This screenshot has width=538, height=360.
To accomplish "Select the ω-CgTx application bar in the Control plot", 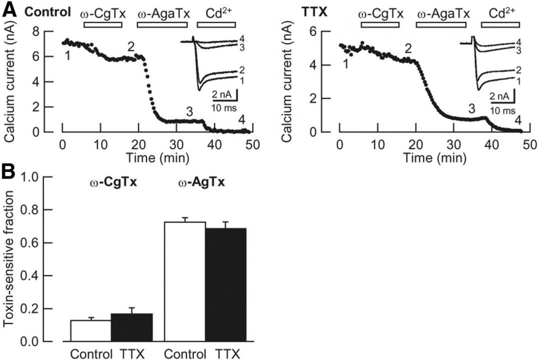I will [103, 24].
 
